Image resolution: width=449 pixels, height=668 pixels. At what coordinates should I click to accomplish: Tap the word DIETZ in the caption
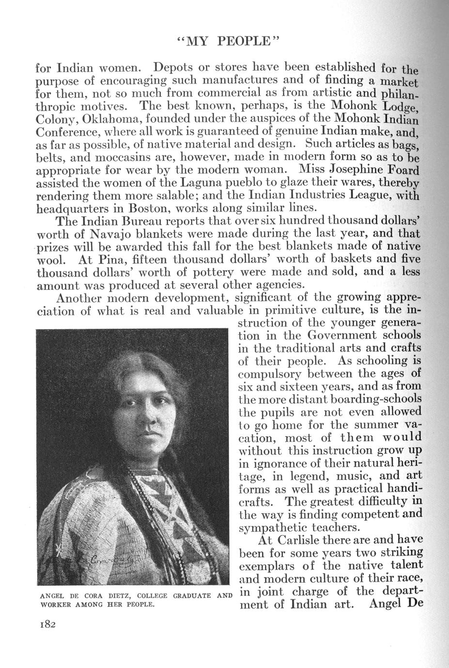tap(118, 595)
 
